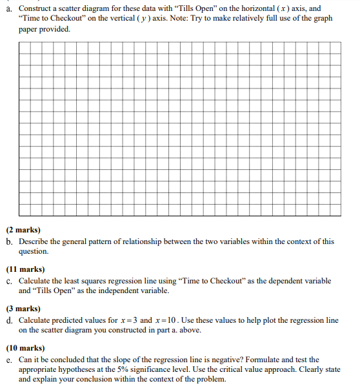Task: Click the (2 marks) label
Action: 24,229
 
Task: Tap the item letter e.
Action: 8,360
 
